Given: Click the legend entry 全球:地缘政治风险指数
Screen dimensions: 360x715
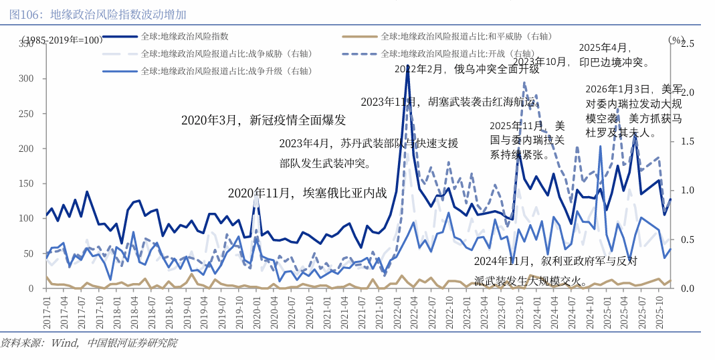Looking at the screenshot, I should coord(185,36).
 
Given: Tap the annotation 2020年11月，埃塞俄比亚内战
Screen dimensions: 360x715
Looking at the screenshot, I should coord(307,193).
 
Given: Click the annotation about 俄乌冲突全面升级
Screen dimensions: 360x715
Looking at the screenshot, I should coord(466,68).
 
